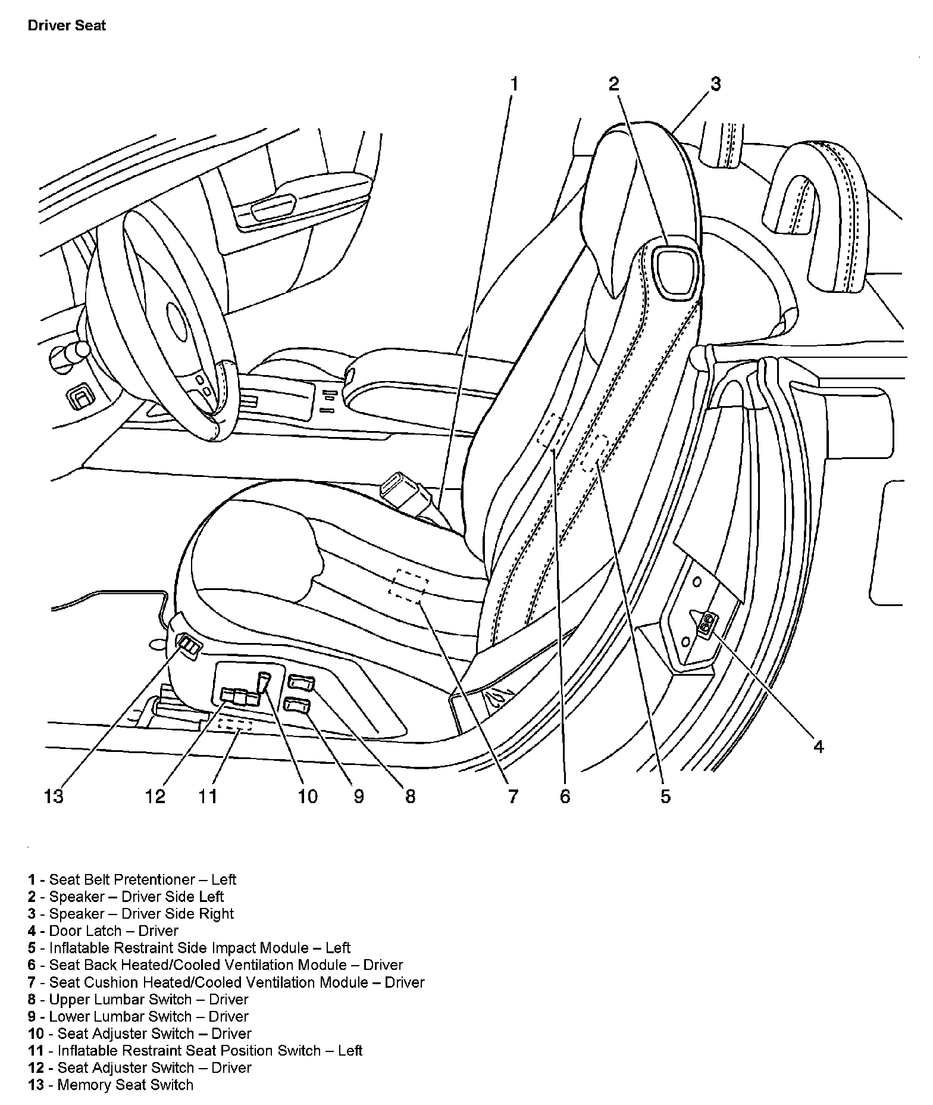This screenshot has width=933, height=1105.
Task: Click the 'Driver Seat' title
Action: coord(67,26)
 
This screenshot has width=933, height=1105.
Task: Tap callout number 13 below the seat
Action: coord(54,796)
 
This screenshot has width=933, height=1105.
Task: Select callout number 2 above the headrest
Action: coord(614,84)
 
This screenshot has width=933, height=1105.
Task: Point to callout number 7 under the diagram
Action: coord(513,796)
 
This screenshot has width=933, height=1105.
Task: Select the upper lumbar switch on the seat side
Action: coord(301,683)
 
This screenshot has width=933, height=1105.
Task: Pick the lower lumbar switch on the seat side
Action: coord(296,706)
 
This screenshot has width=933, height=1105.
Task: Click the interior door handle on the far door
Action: coord(273,207)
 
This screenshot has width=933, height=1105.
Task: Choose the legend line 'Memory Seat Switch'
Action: coord(111,1085)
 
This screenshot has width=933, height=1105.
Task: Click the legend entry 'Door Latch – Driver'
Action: coord(103,931)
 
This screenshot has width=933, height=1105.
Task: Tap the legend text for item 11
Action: coord(195,1051)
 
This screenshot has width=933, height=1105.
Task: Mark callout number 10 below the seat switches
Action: coord(308,796)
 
